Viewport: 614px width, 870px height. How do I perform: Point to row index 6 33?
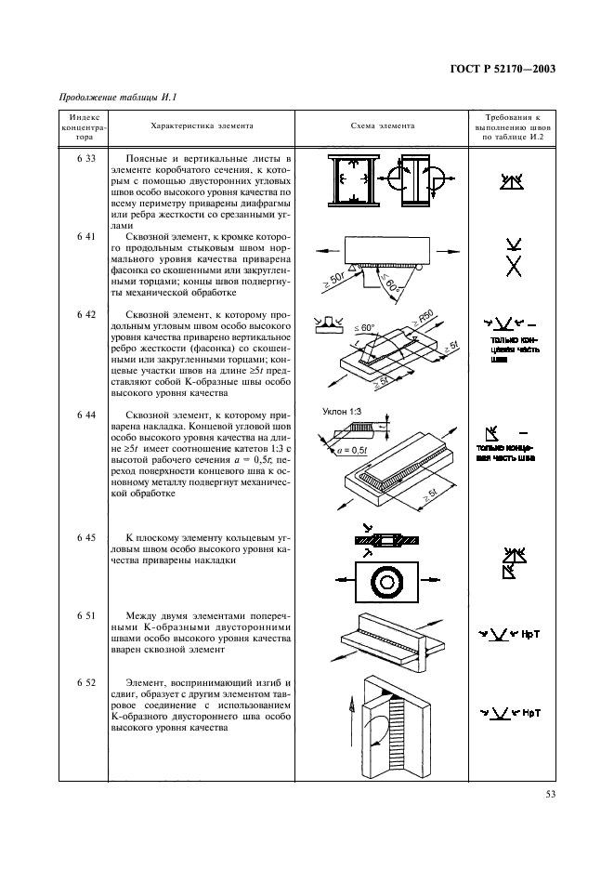(x=85, y=159)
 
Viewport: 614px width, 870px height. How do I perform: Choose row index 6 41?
(x=85, y=237)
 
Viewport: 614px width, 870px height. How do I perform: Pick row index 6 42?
(x=85, y=315)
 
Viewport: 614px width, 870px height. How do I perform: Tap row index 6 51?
(x=85, y=615)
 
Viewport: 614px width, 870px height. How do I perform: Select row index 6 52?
(x=85, y=682)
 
